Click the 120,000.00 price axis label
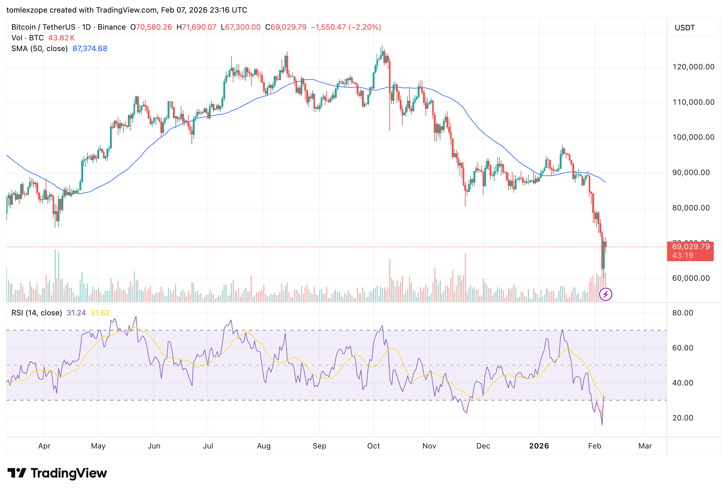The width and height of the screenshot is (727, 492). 693,67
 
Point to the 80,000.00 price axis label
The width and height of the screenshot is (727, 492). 691,208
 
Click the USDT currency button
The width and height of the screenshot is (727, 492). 685,28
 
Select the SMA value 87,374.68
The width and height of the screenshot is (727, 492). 90,49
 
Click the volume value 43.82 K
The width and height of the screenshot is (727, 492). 61,38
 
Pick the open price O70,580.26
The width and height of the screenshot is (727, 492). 151,27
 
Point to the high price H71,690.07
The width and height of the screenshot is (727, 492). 196,27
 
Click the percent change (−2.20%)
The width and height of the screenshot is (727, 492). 365,27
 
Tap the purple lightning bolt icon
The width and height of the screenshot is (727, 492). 605,295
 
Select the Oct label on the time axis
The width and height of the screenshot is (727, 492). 374,446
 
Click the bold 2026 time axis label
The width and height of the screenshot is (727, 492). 539,446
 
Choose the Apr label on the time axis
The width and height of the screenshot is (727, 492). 44,446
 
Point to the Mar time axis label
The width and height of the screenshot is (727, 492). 645,446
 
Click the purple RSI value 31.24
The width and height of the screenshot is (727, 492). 76,313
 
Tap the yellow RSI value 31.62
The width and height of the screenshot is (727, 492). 100,313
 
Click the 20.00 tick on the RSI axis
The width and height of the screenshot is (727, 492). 683,418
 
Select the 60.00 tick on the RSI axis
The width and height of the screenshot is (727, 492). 683,348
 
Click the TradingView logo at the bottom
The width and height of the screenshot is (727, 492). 57,473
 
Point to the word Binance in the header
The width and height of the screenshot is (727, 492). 112,27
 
